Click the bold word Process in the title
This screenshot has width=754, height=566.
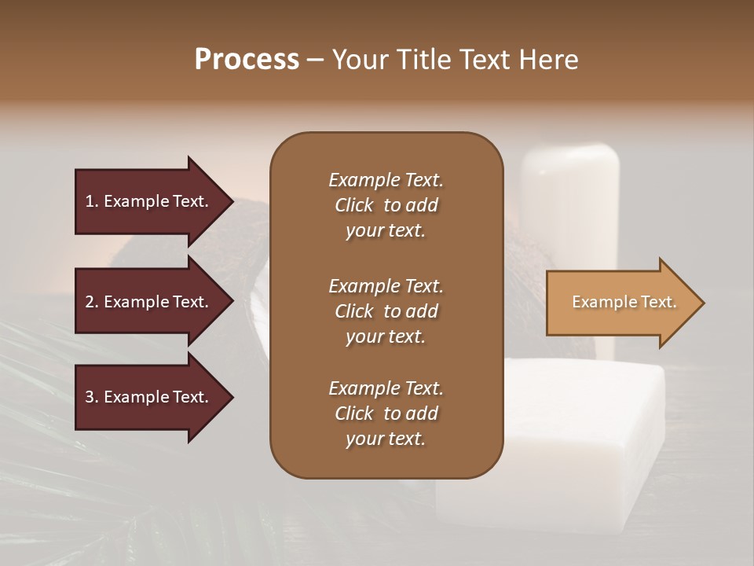pos(247,60)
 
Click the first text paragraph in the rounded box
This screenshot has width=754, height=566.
pos(386,205)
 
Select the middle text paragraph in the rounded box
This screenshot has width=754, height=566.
pos(386,311)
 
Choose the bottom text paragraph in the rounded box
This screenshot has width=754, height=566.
pos(386,413)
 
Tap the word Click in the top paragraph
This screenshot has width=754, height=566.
pos(354,205)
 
